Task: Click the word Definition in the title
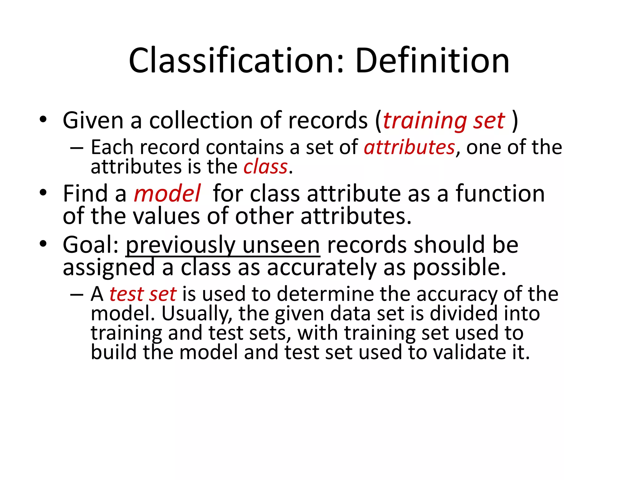(432, 61)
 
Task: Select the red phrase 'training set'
(443, 121)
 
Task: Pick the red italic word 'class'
(265, 167)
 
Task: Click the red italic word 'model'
(167, 194)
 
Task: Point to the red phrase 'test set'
(143, 294)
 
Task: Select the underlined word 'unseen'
(281, 245)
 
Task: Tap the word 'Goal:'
(90, 245)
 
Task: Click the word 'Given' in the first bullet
(93, 121)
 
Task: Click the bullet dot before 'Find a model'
(43, 192)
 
